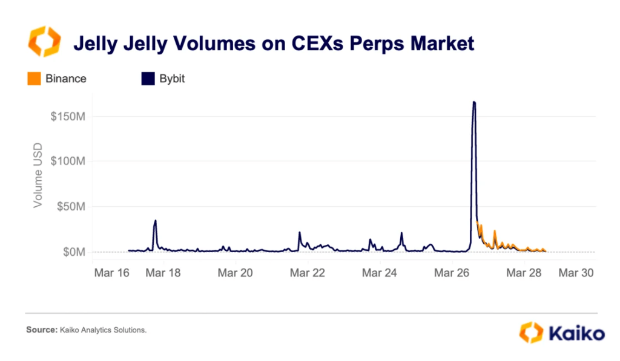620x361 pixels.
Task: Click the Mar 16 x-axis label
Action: [111, 273]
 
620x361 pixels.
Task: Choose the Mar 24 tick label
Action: [379, 273]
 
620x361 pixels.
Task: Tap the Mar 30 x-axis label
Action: [575, 273]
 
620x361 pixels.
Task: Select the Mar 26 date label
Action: [452, 273]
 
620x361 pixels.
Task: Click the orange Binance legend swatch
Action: [35, 79]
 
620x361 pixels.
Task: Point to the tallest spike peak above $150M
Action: [474, 102]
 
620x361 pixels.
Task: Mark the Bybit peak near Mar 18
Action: [156, 221]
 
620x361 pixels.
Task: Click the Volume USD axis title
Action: [38, 175]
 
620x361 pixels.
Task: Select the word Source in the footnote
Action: [40, 330]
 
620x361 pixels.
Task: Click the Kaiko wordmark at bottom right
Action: [575, 333]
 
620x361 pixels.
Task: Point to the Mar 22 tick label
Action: [307, 273]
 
